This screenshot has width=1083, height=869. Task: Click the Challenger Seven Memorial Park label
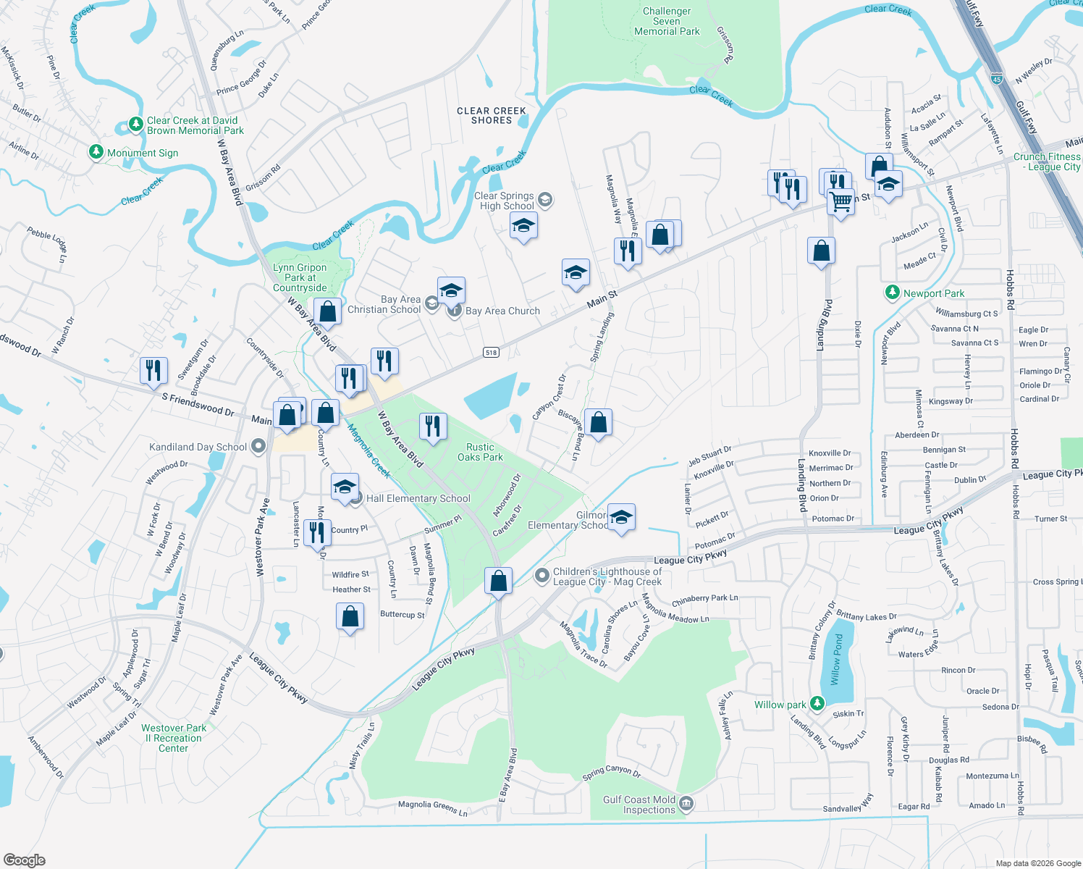(667, 22)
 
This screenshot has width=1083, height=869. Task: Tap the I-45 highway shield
(997, 77)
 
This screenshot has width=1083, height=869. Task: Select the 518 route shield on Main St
(492, 353)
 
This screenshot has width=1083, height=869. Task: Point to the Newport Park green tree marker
(893, 293)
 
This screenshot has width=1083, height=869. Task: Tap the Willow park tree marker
(817, 704)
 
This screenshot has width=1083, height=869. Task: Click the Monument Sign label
(142, 153)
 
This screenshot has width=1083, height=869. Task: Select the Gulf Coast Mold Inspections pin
(687, 804)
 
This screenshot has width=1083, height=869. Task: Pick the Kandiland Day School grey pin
(258, 447)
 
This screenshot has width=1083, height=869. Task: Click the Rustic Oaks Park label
(480, 452)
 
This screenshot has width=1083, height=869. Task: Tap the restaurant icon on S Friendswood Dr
(153, 370)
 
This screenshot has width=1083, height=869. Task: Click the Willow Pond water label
(838, 659)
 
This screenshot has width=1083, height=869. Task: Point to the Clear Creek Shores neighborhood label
(492, 116)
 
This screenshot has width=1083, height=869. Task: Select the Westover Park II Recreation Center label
(174, 738)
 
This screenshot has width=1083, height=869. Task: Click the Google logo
(25, 860)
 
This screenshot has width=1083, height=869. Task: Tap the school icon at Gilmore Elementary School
(621, 517)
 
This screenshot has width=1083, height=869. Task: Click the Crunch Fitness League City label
(1047, 161)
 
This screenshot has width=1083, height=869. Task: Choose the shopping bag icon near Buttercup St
(350, 617)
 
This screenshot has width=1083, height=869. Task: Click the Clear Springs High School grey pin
(545, 200)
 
